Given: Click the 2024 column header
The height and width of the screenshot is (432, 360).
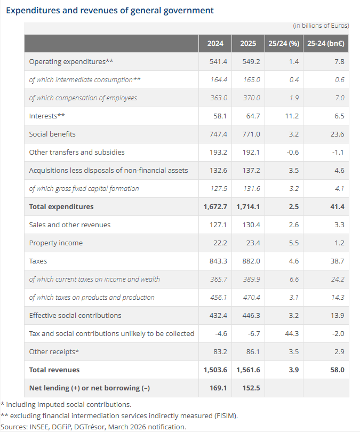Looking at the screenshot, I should pos(215,43).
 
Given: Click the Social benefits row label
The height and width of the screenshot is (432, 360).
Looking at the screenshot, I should pos(52,134).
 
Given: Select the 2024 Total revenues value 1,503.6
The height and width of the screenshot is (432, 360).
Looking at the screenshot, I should pos(215,370).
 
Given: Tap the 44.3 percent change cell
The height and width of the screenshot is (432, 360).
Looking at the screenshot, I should pos(292,333).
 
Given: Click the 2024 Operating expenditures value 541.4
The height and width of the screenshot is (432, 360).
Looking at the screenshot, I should pos(219,61).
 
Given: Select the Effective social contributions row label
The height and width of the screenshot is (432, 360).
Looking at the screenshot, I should pos(75,315).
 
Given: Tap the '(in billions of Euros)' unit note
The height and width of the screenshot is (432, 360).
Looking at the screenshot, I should pos(321,25).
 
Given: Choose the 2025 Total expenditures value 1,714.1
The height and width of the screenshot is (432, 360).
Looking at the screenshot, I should pos(248,206).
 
